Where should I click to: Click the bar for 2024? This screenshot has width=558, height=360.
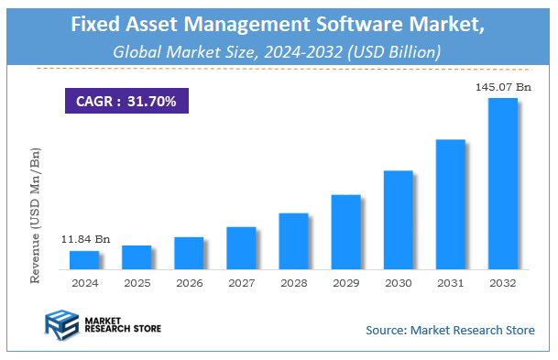click(83, 260)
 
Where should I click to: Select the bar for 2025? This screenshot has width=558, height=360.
click(136, 257)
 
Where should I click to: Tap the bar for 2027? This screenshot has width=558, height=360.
click(240, 248)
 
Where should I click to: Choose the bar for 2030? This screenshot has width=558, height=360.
click(397, 220)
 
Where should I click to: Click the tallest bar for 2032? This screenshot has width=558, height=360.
click(502, 183)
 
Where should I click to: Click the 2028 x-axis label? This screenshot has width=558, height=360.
click(292, 284)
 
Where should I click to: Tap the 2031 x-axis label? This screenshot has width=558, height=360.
click(450, 284)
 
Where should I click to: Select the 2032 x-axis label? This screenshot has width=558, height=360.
click(502, 284)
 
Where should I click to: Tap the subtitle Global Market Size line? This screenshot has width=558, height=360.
click(277, 52)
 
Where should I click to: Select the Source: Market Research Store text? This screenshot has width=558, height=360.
click(450, 330)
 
